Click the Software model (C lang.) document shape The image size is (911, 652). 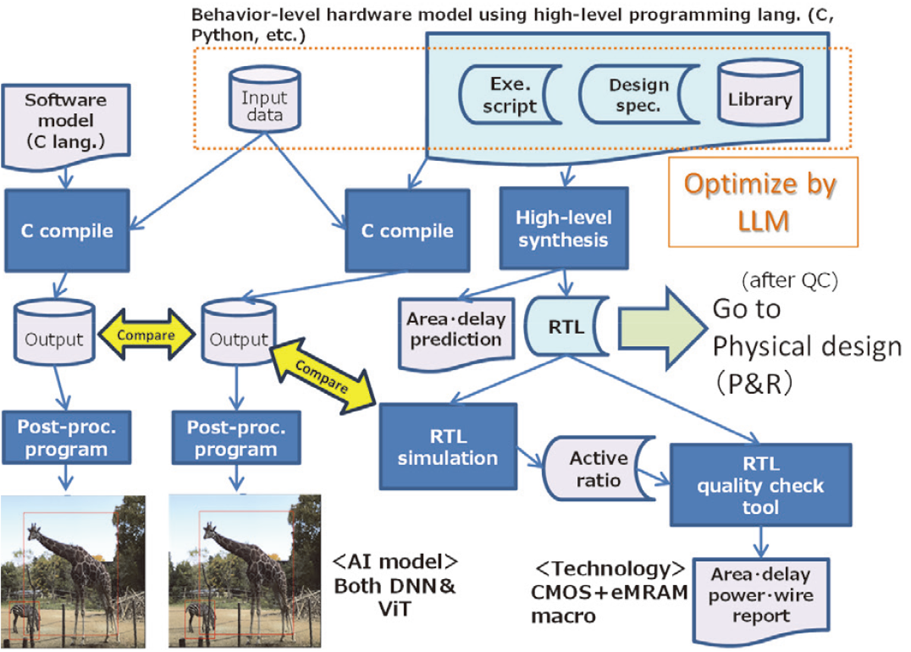tap(58, 122)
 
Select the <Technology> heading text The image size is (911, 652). tap(611, 569)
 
